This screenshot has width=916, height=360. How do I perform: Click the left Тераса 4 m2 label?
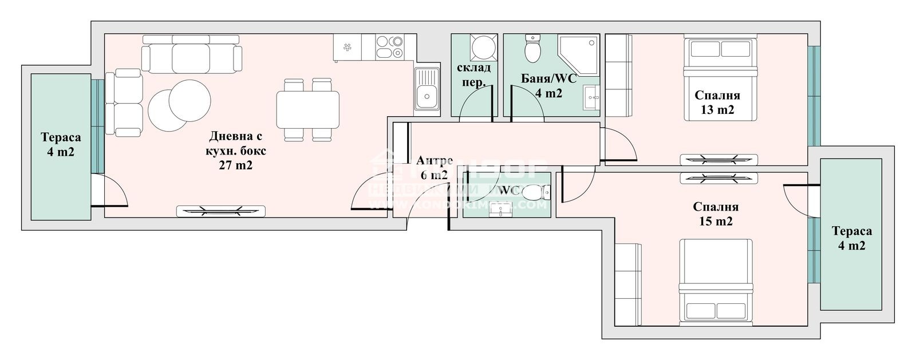click(61, 145)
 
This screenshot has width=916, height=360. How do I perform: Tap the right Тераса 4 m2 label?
click(852, 238)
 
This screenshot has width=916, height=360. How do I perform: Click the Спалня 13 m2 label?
click(717, 102)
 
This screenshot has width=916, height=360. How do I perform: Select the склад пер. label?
click(473, 74)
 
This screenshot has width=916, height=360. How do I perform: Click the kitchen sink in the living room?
click(427, 89)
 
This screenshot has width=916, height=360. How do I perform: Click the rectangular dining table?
click(307, 110)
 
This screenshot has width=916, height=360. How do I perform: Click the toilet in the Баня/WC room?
click(533, 49)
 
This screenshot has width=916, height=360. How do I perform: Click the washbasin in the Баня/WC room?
click(591, 98)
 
